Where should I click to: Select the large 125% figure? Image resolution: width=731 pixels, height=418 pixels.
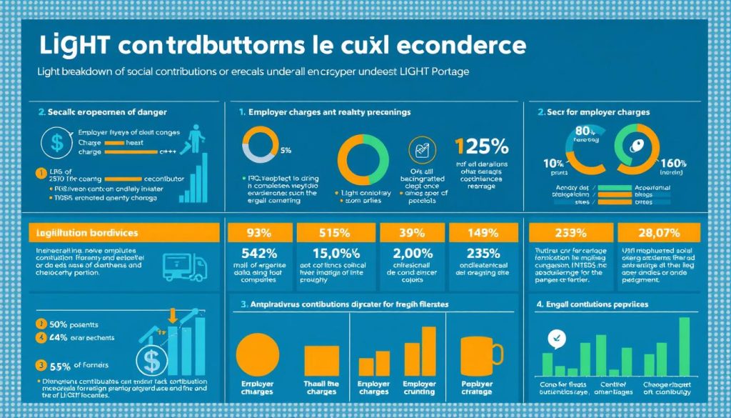(483, 147)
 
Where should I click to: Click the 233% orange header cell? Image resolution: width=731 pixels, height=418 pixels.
(569, 232)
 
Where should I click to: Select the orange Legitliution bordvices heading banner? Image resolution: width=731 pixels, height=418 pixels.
(122, 233)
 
